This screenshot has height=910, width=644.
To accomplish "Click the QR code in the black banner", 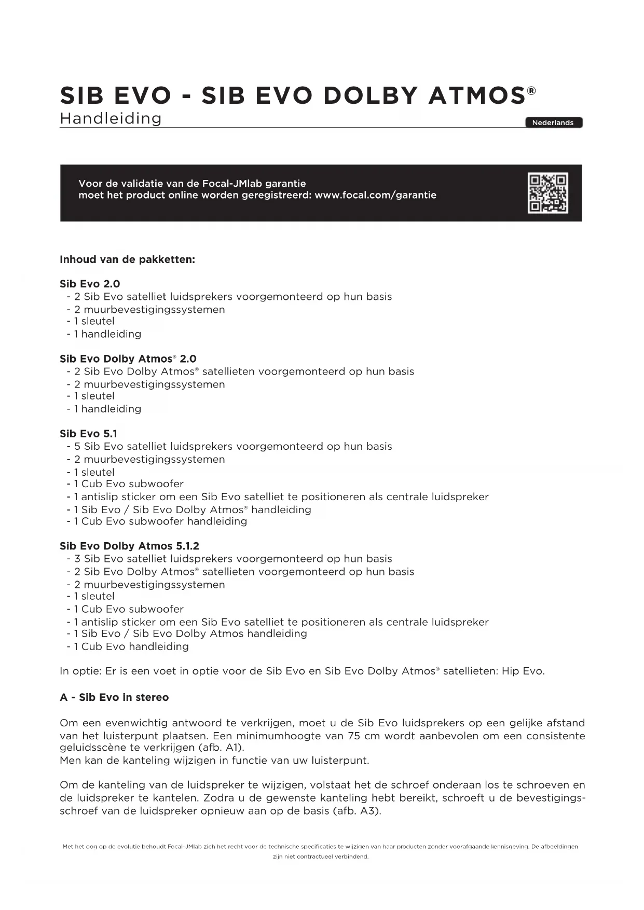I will (x=547, y=193).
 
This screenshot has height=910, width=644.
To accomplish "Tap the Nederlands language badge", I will (x=553, y=122).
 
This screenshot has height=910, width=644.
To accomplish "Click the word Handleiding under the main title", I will (x=111, y=118).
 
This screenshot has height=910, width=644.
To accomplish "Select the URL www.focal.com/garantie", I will (x=375, y=195).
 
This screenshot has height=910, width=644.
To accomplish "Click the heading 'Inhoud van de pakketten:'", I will (x=127, y=259).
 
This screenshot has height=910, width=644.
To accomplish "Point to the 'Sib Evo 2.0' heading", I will (x=90, y=284).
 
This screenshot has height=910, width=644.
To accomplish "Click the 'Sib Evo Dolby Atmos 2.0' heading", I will (x=128, y=359).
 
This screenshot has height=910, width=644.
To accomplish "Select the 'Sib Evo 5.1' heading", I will (x=88, y=434).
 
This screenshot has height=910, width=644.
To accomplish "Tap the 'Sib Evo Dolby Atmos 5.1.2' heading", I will (x=129, y=546).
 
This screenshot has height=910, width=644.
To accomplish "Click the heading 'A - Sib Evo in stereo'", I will (x=114, y=697).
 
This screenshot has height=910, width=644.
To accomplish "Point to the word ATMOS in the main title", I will (x=477, y=95).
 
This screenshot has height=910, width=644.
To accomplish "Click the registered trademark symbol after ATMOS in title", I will (x=531, y=91).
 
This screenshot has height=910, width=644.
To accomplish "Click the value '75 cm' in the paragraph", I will (x=363, y=736).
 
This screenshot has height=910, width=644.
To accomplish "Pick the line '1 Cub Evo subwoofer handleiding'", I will (x=160, y=521).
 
